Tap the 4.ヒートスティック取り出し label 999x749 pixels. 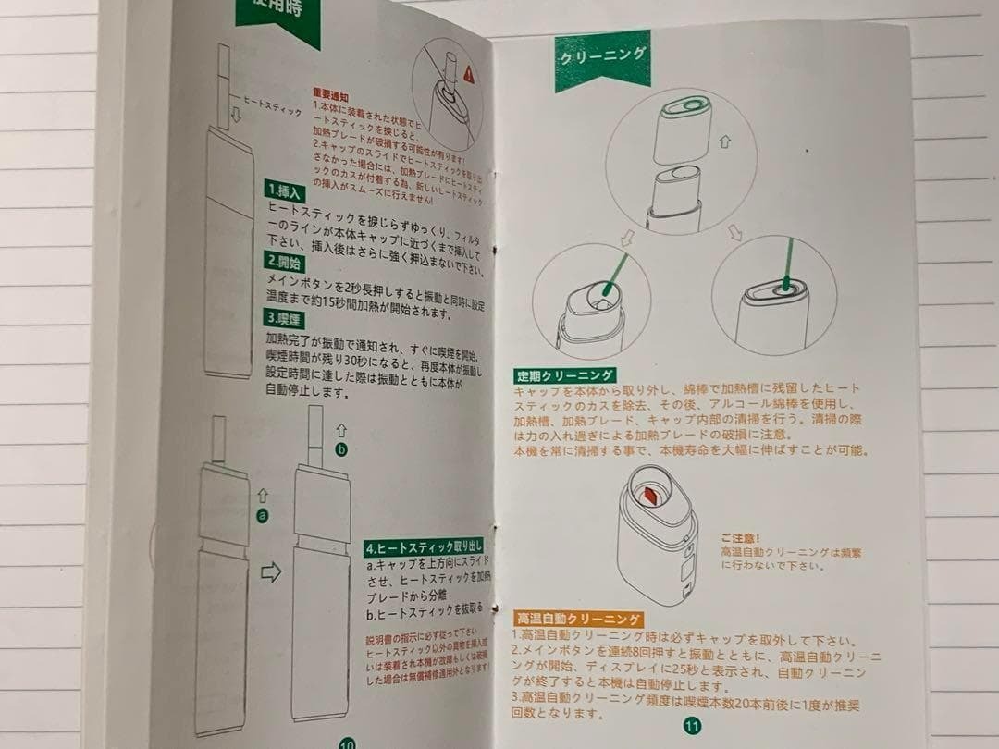pyautogui.click(x=422, y=547)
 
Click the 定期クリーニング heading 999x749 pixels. pyautogui.click(x=565, y=375)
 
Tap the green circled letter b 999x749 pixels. pyautogui.click(x=342, y=449)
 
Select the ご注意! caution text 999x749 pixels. pyautogui.click(x=741, y=536)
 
